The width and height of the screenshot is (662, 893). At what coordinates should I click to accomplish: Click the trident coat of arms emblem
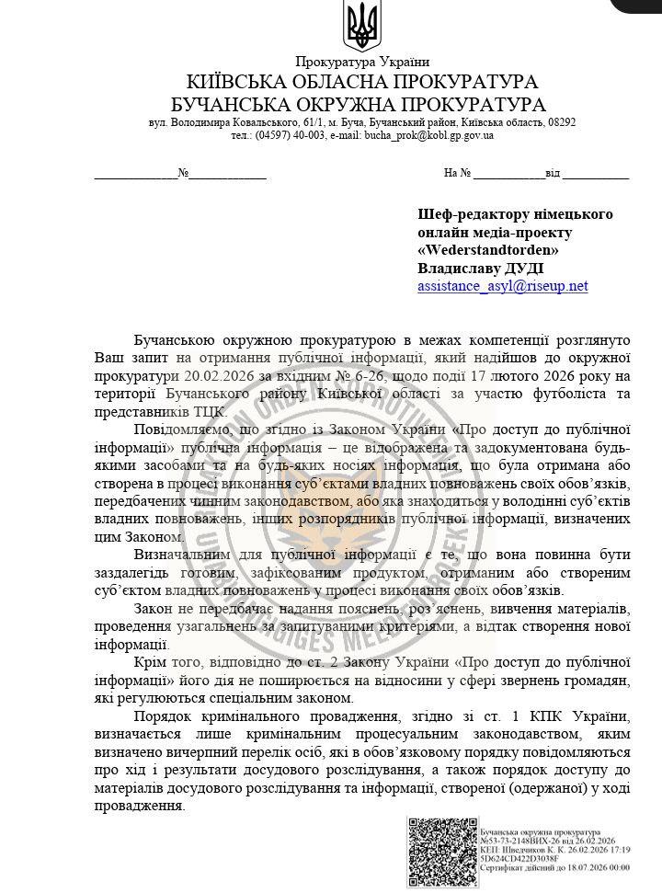pyautogui.click(x=361, y=27)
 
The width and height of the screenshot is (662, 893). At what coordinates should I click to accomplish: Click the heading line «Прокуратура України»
pyautogui.click(x=362, y=62)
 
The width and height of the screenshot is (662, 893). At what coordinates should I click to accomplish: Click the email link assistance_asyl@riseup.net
pyautogui.click(x=502, y=286)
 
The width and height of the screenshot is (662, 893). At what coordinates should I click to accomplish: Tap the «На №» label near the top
pyautogui.click(x=457, y=172)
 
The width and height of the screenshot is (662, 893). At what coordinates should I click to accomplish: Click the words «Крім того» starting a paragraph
pyautogui.click(x=168, y=662)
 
